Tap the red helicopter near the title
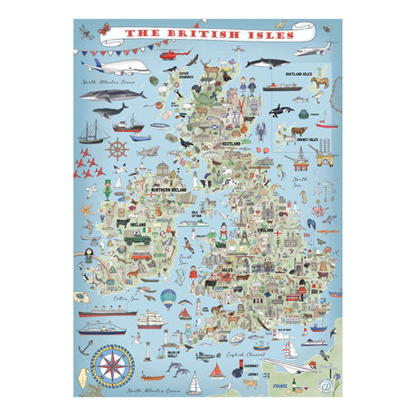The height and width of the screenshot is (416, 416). click(x=170, y=55)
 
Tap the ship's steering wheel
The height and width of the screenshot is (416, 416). click(x=118, y=147)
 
